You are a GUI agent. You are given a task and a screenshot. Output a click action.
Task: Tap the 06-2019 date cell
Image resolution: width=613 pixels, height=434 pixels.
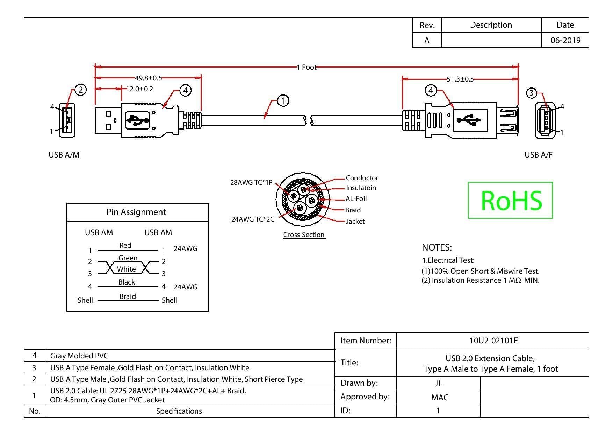pyautogui.click(x=565, y=40)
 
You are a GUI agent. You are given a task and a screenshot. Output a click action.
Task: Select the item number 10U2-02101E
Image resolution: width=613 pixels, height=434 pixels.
pyautogui.click(x=493, y=341)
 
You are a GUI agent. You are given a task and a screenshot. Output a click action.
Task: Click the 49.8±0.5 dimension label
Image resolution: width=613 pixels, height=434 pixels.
pyautogui.click(x=149, y=78)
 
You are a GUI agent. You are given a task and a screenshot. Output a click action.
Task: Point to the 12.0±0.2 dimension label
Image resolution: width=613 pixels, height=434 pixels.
pyautogui.click(x=139, y=89)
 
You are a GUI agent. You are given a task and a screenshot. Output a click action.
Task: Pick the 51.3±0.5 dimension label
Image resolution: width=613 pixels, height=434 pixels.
pyautogui.click(x=460, y=79)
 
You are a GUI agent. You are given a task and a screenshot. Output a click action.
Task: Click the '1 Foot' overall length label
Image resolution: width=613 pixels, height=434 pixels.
pyautogui.click(x=306, y=67)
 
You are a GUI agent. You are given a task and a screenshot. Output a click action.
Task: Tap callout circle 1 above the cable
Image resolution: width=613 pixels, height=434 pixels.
pyautogui.click(x=283, y=101)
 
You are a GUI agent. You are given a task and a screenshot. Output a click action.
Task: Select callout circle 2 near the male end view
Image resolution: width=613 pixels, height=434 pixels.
pyautogui.click(x=80, y=90)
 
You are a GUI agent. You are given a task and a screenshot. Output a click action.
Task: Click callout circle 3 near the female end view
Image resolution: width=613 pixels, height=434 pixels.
pyautogui.click(x=532, y=93)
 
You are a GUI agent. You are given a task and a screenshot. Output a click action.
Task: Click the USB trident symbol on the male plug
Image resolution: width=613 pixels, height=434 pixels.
pyautogui.click(x=137, y=120)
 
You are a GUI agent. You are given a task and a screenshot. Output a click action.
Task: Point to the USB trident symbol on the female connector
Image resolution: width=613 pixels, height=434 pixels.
pyautogui.click(x=469, y=120)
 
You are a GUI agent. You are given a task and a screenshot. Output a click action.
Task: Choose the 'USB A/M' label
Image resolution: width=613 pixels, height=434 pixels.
pyautogui.click(x=64, y=155)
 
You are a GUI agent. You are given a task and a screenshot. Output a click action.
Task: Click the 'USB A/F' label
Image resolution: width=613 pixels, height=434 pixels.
pyautogui.click(x=539, y=155)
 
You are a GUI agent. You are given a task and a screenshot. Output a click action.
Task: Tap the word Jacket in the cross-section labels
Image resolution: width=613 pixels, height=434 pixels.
pyautogui.click(x=355, y=221)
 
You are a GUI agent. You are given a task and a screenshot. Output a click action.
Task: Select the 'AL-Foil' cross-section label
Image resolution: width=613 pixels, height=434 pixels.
pyautogui.click(x=356, y=198)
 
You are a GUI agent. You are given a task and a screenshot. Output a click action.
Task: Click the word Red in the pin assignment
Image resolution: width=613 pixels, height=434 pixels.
pyautogui.click(x=125, y=245)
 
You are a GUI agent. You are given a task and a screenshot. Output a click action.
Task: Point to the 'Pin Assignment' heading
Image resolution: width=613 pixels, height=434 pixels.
pyautogui.click(x=136, y=212)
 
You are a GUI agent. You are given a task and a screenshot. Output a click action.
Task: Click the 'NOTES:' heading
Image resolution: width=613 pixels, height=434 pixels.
pyautogui.click(x=437, y=248)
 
